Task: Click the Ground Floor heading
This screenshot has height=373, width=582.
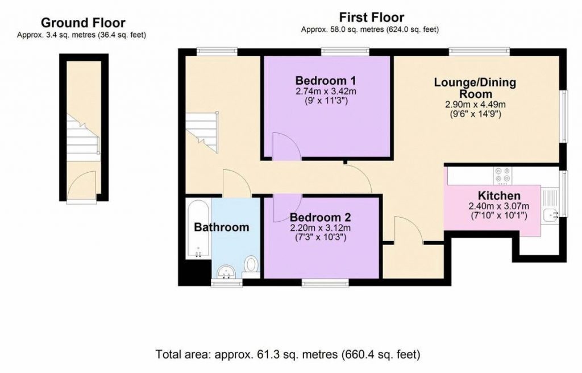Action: [x=83, y=23]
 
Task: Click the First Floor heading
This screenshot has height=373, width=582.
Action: [x=372, y=18]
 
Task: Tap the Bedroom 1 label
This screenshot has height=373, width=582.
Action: [x=326, y=81]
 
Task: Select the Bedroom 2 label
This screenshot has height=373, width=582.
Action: [x=321, y=217]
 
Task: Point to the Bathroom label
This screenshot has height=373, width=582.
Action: [x=222, y=227]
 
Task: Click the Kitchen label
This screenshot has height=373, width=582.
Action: [x=499, y=196]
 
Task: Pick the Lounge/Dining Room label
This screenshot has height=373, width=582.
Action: [x=475, y=88]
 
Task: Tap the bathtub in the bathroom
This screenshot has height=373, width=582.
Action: [x=198, y=229]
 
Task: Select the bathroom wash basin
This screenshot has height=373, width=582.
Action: [x=226, y=272]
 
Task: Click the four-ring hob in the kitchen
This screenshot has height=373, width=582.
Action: [x=502, y=175]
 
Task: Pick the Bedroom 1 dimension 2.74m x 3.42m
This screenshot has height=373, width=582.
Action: [x=326, y=92]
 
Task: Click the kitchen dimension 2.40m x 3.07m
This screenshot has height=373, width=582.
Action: [x=499, y=206]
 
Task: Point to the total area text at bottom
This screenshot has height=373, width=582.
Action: [x=288, y=354]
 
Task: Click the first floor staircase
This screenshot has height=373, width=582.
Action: [x=202, y=132]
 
